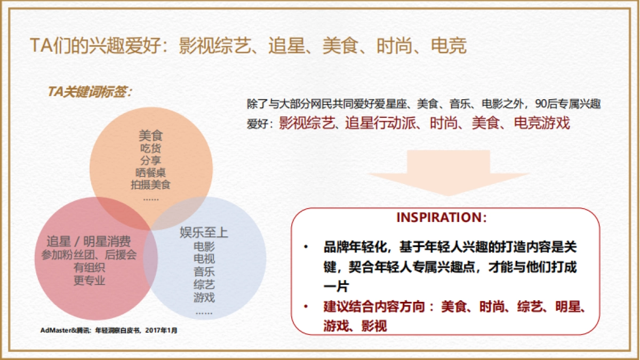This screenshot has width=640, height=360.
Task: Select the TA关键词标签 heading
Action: pos(90,92)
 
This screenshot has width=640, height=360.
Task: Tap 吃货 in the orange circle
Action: pos(150,148)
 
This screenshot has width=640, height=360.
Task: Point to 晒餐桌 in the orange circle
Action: pos(150,172)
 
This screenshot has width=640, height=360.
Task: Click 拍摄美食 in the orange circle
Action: pos(150,185)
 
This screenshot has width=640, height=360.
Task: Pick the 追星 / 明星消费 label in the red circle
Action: pos(89,241)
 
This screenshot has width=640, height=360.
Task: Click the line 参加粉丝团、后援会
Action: pos(89,254)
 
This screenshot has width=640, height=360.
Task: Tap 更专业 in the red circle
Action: pos(89,281)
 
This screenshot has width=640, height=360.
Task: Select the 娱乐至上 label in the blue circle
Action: pos(204,233)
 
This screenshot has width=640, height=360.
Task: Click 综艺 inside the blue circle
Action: pos(204,285)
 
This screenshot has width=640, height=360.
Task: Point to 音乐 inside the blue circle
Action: pos(204,272)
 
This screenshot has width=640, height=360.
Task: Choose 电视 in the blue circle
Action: pos(204,259)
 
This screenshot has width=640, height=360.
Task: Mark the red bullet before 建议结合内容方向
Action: pos(306,307)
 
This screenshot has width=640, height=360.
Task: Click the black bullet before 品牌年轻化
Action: pos(306,247)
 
